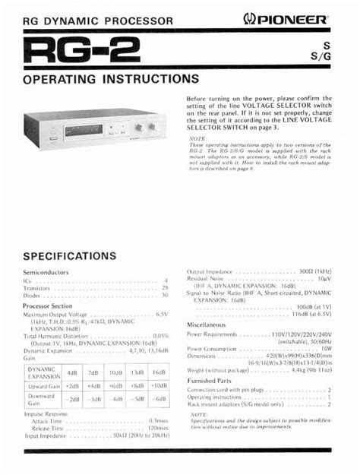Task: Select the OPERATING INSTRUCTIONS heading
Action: click(x=111, y=79)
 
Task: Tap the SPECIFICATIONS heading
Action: click(x=79, y=256)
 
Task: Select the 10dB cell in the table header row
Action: click(x=115, y=372)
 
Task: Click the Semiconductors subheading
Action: click(x=46, y=272)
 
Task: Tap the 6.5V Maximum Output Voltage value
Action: click(x=162, y=314)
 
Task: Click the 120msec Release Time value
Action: click(x=157, y=428)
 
